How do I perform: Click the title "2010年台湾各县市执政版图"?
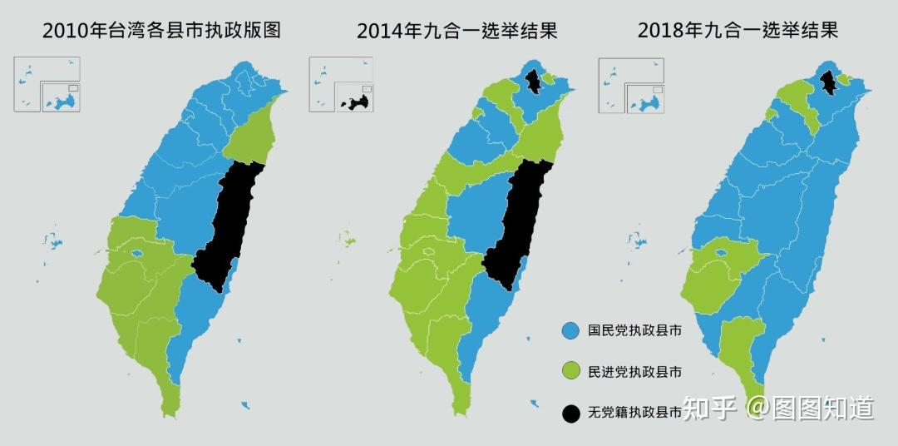coord(161,32)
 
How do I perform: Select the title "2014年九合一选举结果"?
coord(456,32)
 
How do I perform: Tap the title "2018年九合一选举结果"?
coord(738,32)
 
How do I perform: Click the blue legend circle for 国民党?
coord(570,330)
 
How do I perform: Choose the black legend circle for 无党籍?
coord(570,412)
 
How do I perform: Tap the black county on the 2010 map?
coord(229,225)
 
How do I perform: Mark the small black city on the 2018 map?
coord(828,82)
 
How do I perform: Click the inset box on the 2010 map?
coord(47,83)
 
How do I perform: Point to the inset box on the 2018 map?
coord(631,83)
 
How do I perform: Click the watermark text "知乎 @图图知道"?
coord(778,409)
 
